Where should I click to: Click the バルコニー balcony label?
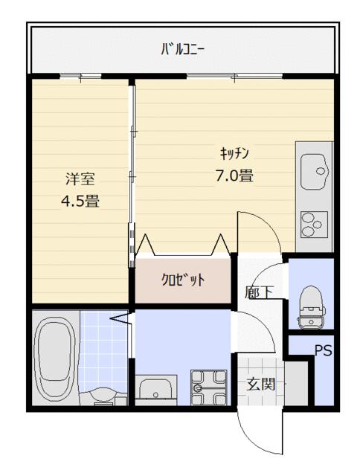[x=182, y=50]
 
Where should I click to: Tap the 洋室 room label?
[x=80, y=178]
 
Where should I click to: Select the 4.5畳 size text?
[x=80, y=201]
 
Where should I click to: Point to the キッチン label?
[x=234, y=153]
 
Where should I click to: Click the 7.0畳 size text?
[x=234, y=176]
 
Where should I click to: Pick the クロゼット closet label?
[x=183, y=280]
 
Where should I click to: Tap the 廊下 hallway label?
[x=260, y=292]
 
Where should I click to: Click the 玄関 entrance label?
[x=261, y=384]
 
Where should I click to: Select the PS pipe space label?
[x=323, y=351]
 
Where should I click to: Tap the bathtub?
[x=55, y=358]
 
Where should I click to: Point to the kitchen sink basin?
[x=315, y=172]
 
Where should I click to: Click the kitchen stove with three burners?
[x=314, y=225]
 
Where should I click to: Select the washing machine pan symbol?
[x=208, y=387]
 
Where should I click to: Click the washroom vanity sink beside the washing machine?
[x=155, y=390]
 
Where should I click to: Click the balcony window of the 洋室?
[x=80, y=76]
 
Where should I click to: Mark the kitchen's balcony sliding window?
[x=234, y=76]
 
